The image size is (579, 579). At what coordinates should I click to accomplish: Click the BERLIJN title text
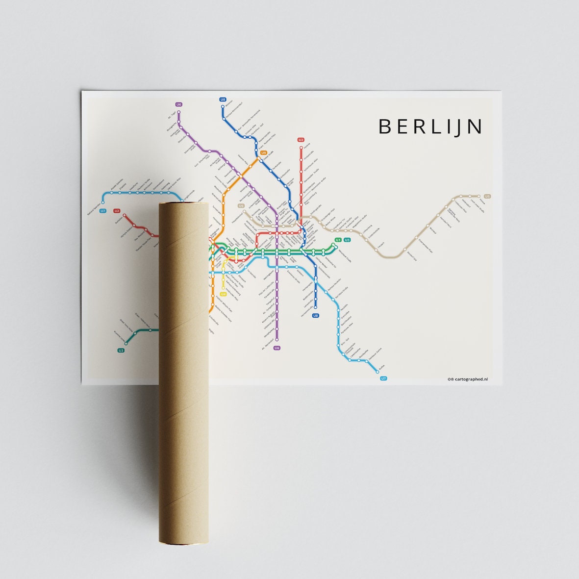tap(430, 126)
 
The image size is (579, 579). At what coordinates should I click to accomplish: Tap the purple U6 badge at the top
tap(178, 104)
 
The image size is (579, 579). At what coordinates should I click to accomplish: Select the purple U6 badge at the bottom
tap(277, 348)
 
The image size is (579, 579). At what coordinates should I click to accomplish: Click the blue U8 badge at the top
tap(223, 100)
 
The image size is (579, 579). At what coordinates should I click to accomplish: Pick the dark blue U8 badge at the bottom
tap(315, 315)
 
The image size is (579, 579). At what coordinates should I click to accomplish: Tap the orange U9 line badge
tap(263, 153)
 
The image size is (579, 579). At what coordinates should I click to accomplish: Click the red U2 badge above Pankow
tap(301, 140)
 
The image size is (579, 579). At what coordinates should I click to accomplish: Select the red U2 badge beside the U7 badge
tap(117, 211)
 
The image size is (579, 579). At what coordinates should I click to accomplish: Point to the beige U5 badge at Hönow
tap(487, 196)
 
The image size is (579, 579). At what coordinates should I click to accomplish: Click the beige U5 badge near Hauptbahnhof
tap(241, 206)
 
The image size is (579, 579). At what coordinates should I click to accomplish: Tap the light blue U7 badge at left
tap(102, 211)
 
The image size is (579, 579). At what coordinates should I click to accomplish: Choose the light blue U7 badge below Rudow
tap(383, 378)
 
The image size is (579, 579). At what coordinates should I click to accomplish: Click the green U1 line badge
tap(337, 240)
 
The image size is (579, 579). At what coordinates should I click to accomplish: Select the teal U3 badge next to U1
tap(347, 240)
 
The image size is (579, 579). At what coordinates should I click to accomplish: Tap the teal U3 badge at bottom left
tap(121, 350)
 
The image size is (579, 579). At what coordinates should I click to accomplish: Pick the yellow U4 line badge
tap(223, 294)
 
